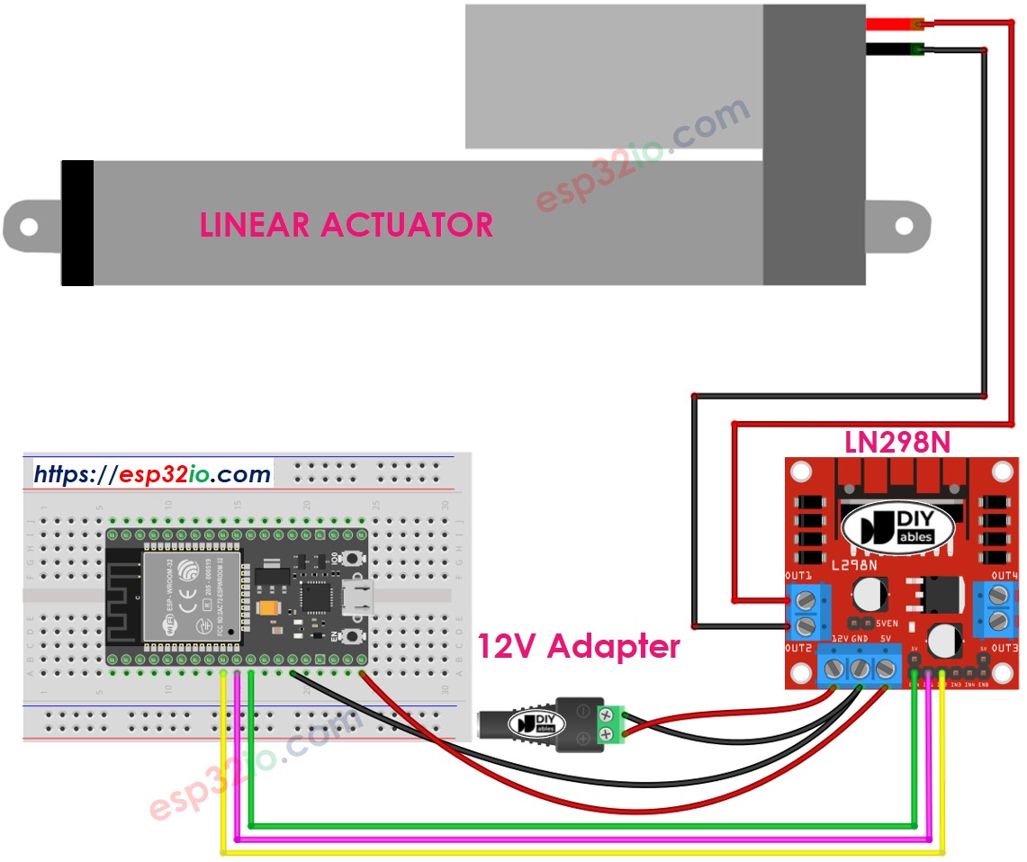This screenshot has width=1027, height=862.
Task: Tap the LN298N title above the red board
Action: tap(897, 441)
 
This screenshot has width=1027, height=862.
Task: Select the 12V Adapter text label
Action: tap(578, 646)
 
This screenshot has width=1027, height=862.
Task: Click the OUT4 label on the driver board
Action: tap(1004, 575)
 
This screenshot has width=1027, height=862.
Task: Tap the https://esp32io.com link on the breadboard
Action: tap(152, 473)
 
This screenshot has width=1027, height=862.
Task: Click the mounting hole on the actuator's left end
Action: tap(29, 227)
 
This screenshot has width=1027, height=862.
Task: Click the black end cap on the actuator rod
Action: tap(77, 223)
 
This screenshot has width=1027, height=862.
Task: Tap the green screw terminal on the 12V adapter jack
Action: tap(610, 726)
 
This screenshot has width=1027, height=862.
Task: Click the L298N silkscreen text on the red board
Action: tap(849, 564)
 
